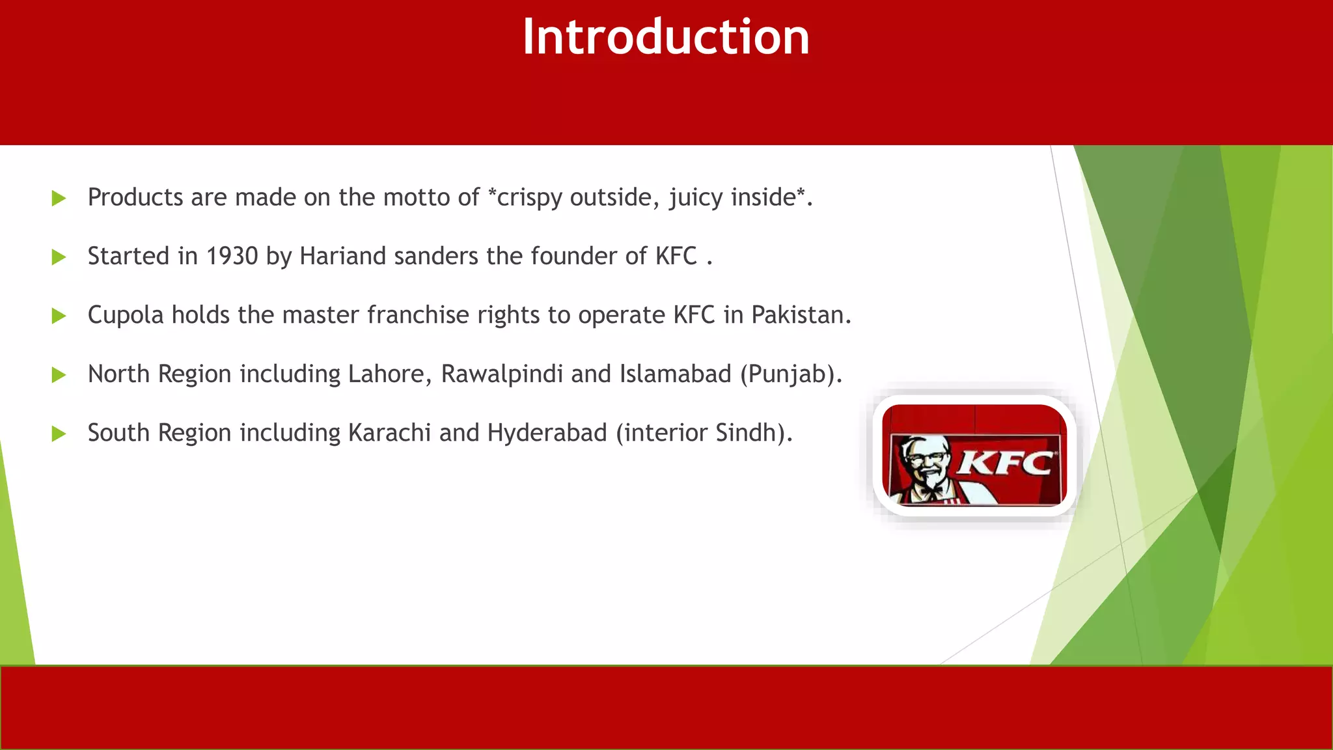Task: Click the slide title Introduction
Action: click(666, 37)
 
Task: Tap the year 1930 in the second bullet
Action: click(232, 257)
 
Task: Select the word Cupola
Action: click(126, 316)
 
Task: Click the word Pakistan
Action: click(801, 315)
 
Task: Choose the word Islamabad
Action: click(676, 374)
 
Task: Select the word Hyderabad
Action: click(547, 433)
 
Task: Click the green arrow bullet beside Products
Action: click(59, 199)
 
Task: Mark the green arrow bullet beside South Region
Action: click(59, 434)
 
